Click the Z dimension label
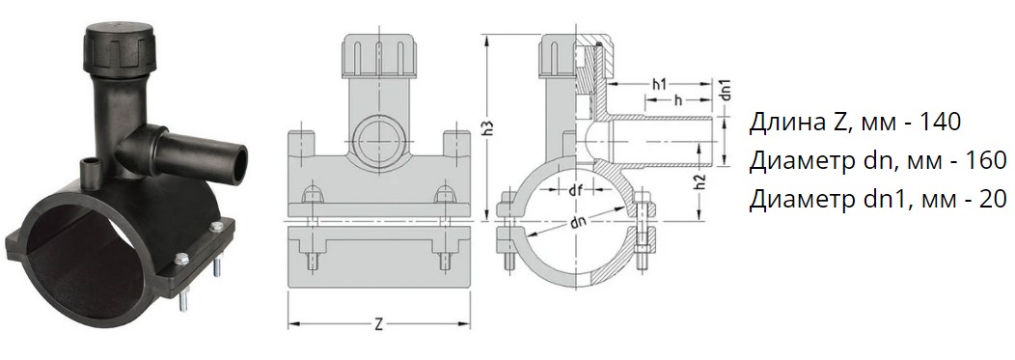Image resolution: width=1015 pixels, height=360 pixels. click(379, 324)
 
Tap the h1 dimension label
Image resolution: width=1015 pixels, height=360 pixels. click(660, 84)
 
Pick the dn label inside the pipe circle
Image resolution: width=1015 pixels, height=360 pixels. click(578, 221)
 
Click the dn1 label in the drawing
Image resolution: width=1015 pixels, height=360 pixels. click(726, 90)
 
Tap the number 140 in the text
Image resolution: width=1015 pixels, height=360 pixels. click(940, 122)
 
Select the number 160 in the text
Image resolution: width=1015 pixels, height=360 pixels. click(984, 160)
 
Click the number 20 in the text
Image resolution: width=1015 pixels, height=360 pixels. click(994, 200)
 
